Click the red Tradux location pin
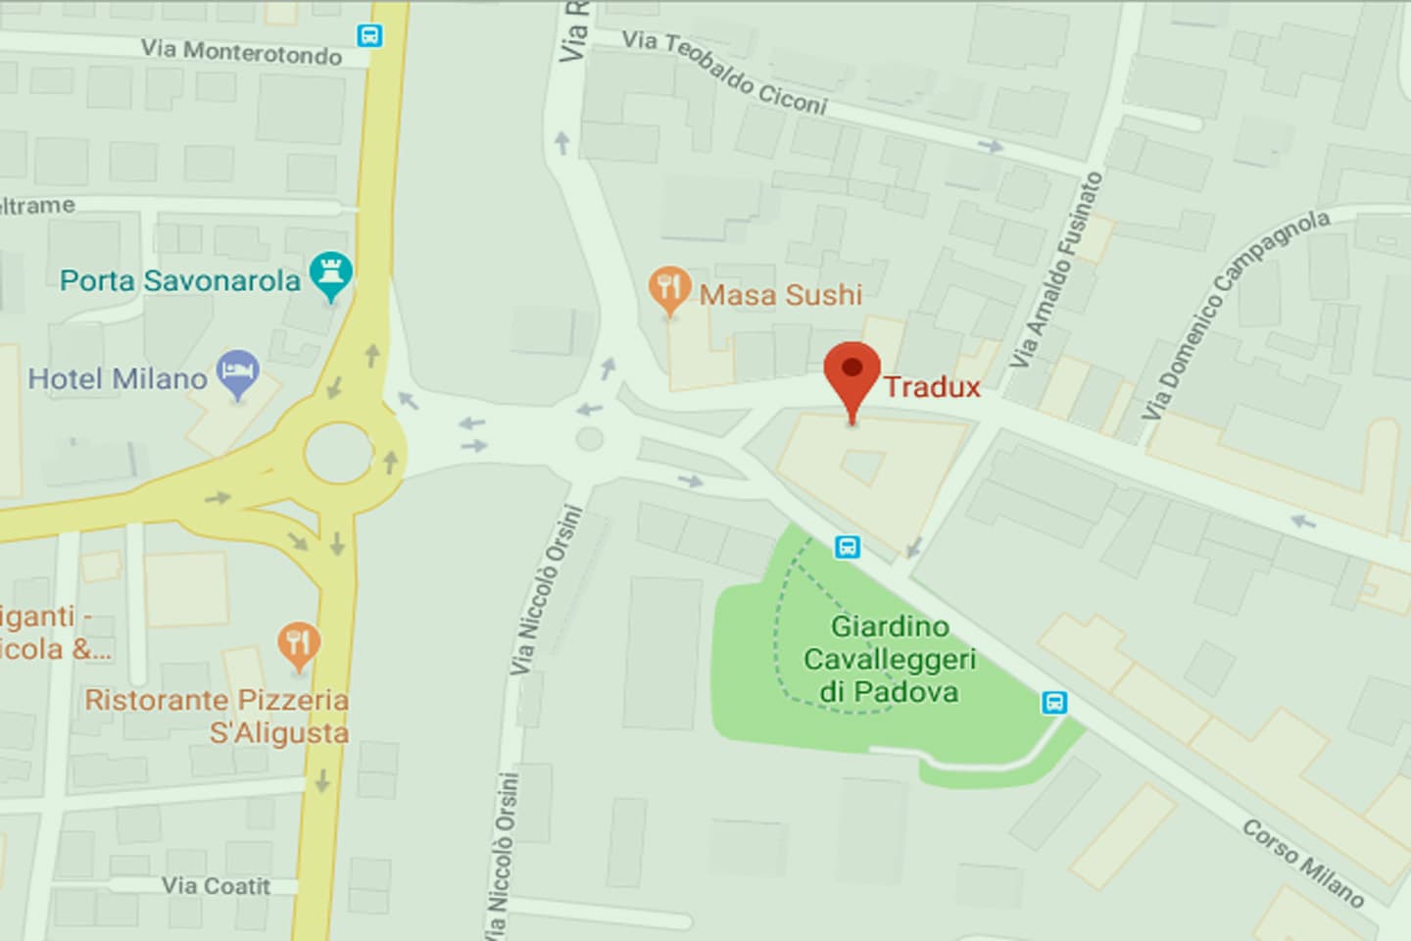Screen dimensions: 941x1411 point(851,371)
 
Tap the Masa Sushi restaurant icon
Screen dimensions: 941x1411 point(669,288)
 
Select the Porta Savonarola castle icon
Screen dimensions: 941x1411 point(330,274)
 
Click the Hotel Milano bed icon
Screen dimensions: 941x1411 point(238,373)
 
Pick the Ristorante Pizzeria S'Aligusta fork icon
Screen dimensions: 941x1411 point(298,644)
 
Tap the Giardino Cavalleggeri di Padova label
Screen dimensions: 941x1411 point(890,659)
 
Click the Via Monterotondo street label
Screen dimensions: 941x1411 point(241,51)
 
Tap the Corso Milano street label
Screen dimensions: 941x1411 point(1303,862)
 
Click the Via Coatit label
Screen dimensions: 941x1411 point(216,886)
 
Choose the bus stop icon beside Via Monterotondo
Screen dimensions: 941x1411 point(369,36)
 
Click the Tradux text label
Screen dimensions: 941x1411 point(932,387)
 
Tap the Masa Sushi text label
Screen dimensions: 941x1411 point(781,294)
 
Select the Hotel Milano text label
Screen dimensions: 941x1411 point(118,378)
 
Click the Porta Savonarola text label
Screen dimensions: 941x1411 point(180,280)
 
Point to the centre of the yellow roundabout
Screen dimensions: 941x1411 point(339,453)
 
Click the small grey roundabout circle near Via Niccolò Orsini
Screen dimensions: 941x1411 point(589,438)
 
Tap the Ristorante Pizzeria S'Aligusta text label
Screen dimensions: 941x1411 point(218,716)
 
